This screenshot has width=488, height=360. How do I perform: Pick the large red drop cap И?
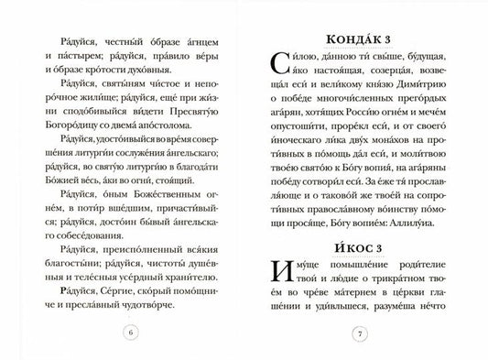(x=280, y=277)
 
